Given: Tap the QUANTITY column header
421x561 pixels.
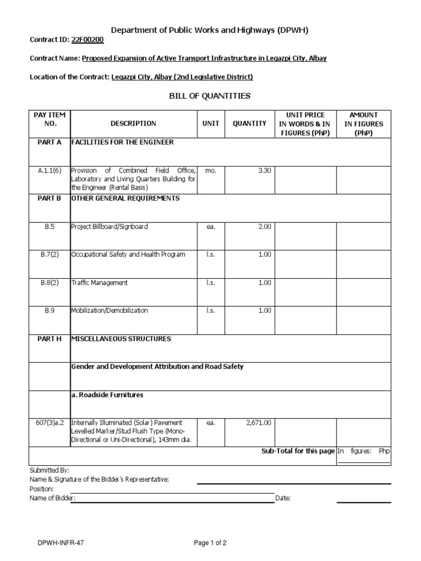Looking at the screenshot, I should pos(249,124).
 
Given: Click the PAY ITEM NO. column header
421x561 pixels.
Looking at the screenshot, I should pos(50,119).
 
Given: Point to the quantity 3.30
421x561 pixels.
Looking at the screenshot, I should pos(264,170).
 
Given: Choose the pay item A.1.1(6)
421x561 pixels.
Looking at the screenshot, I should pos(50,170).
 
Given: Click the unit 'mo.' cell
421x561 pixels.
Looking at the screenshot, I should pos(210,170).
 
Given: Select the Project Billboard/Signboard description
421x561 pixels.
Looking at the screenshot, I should pos(110,227).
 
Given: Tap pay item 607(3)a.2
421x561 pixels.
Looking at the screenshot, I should pos(50,423).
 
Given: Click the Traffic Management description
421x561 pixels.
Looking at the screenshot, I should pos(100,283).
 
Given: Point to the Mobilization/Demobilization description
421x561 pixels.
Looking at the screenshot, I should pos(110,311).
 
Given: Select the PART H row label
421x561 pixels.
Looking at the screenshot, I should pos(50,339).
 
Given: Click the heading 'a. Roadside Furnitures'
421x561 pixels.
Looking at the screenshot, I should pos(107,395).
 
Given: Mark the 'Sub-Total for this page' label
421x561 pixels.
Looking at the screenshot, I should pos(298,451).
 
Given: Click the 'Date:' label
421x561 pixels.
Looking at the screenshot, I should pos(283,498).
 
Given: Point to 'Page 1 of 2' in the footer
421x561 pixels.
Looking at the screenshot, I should pos(210,543).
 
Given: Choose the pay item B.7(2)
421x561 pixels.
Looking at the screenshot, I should pos(50,255).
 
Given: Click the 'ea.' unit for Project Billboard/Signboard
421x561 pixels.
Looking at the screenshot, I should pos(210,227).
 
